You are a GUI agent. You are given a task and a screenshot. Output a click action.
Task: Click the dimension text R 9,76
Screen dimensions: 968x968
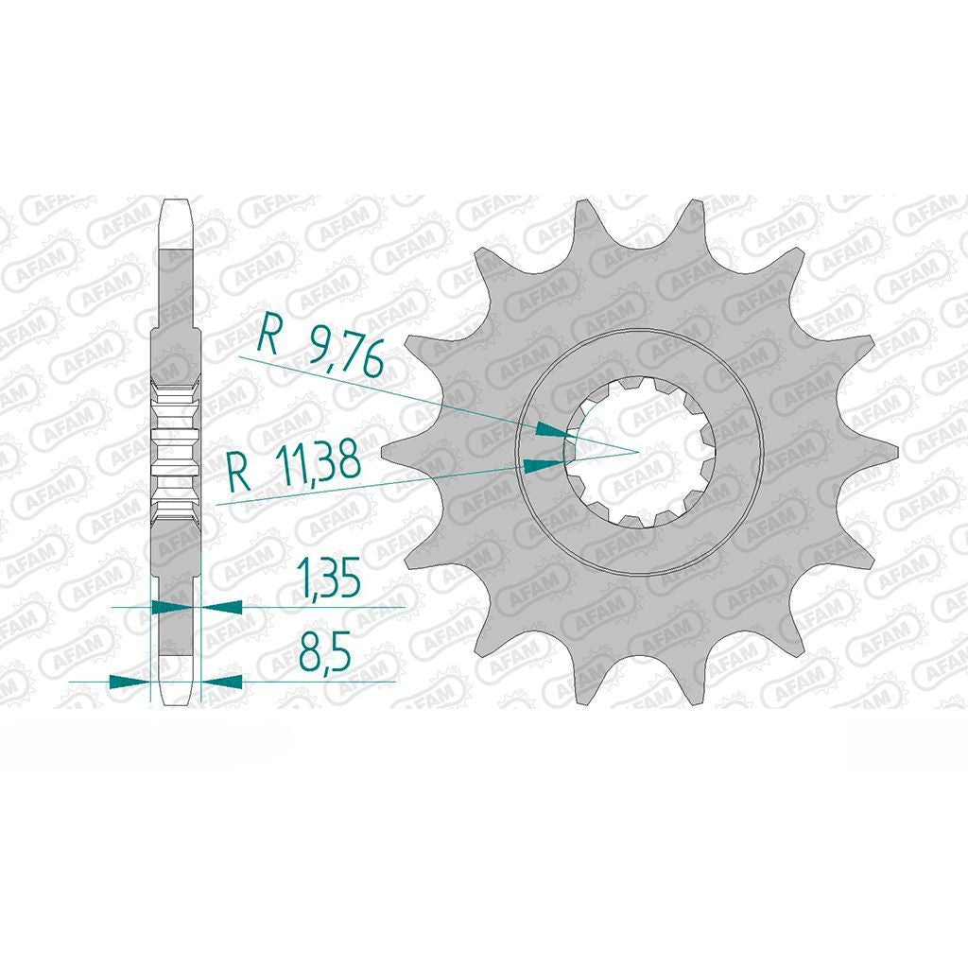coord(321,346)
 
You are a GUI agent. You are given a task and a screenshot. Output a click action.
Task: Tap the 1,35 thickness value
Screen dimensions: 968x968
coord(328,579)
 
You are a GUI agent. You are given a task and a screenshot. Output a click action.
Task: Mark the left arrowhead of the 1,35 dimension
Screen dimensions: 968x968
coord(172,607)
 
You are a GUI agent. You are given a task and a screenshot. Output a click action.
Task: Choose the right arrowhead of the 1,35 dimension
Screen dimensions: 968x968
coord(221,607)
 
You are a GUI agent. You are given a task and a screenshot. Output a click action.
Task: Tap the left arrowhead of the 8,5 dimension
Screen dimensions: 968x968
coord(130,682)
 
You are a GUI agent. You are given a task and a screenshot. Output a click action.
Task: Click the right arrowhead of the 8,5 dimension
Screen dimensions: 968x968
coord(221,682)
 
